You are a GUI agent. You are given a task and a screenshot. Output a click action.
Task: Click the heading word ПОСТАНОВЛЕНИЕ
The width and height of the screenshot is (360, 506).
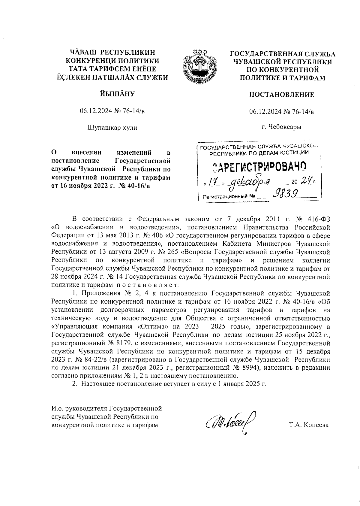(282, 95)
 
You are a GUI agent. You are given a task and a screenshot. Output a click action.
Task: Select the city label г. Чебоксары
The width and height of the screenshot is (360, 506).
(281, 127)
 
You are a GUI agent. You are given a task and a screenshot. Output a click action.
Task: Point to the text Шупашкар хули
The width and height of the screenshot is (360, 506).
(112, 128)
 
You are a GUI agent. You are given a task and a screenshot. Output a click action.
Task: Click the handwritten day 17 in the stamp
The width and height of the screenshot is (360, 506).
(214, 182)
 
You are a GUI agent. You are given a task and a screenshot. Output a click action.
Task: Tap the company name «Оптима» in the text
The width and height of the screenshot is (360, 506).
(158, 326)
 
